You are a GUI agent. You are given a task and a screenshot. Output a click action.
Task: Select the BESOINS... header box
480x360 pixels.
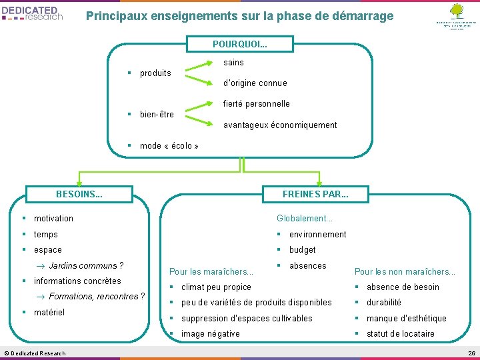pos(79,195)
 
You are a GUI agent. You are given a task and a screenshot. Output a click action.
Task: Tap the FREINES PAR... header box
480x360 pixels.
pos(315,195)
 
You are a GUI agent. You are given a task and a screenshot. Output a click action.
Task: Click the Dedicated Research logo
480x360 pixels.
pos(33,13)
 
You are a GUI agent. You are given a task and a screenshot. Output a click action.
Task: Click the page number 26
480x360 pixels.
pos(471,353)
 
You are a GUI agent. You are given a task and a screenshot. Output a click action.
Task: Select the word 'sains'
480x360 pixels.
pos(233,63)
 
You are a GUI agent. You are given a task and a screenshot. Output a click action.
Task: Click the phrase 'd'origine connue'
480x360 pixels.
pos(255,83)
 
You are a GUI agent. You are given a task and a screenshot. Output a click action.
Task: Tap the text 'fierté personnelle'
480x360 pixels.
pos(256,104)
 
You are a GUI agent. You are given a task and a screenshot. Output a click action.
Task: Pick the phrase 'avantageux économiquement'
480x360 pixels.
pos(280,125)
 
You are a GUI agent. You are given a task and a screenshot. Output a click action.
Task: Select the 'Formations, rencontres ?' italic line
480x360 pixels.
pos(97,296)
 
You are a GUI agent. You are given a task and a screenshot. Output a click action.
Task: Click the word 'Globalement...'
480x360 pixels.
pos(305,219)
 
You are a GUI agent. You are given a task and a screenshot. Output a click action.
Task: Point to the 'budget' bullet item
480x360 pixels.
pos(302,250)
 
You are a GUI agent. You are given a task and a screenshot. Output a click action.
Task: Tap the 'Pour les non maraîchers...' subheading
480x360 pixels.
pos(405,271)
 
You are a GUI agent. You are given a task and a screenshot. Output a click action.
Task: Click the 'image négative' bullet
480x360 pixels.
pos(211,334)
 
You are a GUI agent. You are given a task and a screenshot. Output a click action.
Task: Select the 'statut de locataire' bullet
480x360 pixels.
pos(400,334)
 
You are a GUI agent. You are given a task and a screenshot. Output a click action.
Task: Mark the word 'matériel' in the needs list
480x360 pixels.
pos(49,312)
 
